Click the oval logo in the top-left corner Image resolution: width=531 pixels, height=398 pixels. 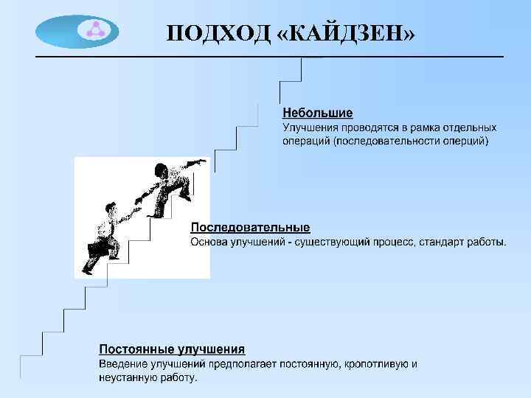77,32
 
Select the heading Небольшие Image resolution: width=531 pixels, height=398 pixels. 318,114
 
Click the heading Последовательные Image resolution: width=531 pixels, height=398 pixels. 250,228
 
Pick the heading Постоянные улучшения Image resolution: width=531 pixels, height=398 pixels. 173,349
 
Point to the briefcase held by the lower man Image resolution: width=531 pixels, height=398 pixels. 98,250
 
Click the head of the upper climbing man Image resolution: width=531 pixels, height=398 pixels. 162,170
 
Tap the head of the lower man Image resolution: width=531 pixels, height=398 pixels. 108,208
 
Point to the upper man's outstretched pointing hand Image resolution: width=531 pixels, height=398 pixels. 200,161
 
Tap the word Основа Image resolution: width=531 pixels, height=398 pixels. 210,242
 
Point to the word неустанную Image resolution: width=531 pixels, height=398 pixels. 127,378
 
